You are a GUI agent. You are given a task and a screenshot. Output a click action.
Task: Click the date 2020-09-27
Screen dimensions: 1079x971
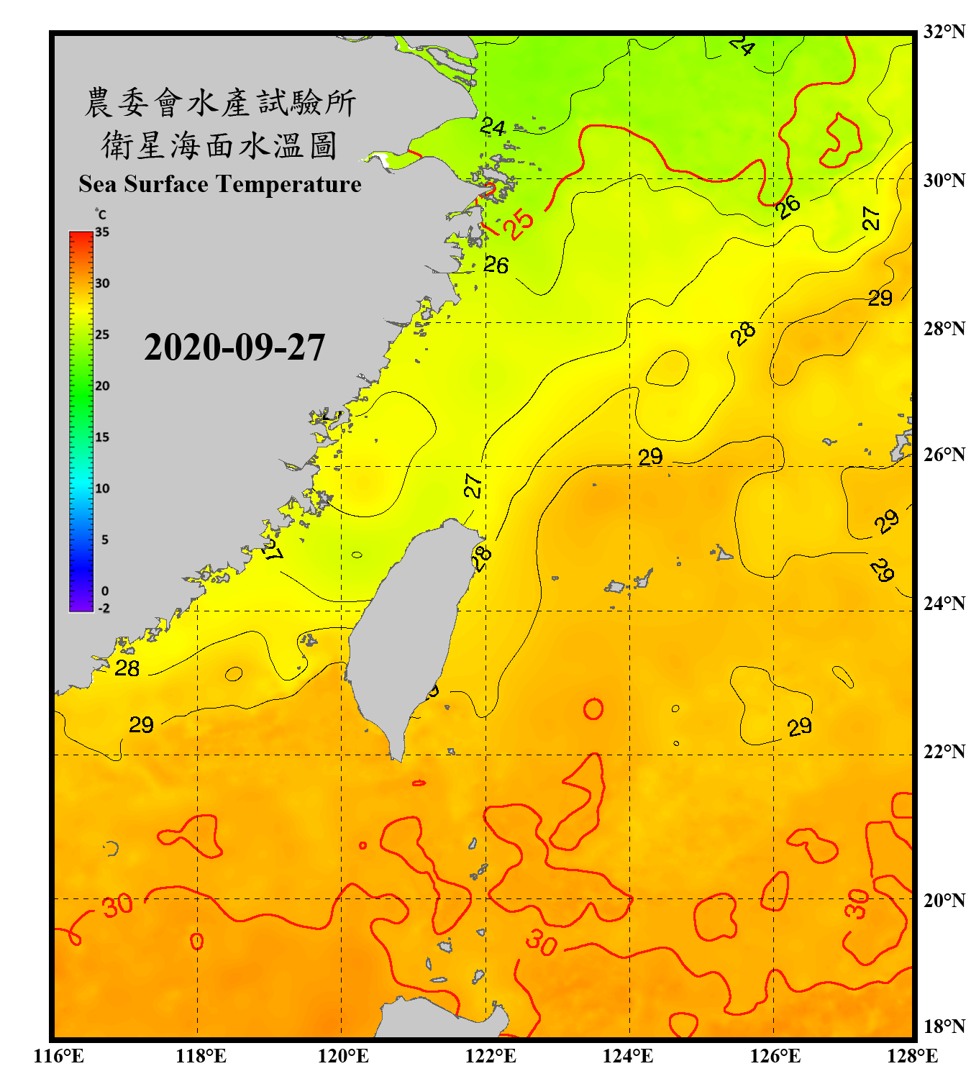(x=234, y=347)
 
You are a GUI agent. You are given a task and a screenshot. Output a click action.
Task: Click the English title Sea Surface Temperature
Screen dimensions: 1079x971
(x=220, y=184)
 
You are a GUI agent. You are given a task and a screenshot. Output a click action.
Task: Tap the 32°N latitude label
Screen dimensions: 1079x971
(x=944, y=32)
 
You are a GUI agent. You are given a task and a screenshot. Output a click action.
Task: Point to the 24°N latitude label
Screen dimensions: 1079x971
(x=944, y=603)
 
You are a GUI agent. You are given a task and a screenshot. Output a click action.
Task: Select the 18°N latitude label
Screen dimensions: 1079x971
(x=944, y=1026)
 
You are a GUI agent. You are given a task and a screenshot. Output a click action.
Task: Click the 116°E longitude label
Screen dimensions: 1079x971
(x=59, y=1056)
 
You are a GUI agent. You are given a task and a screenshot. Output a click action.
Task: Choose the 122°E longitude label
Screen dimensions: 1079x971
(x=491, y=1056)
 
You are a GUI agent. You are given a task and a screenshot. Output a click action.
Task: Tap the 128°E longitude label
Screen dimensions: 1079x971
(x=912, y=1056)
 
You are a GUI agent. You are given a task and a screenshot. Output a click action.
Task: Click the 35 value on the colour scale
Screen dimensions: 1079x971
(x=102, y=232)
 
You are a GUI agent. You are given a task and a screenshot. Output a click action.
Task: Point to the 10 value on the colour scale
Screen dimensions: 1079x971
(x=102, y=488)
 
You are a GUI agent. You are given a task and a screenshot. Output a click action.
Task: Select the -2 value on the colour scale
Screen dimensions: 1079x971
(x=104, y=609)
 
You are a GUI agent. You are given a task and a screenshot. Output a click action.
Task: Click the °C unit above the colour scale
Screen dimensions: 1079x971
(x=101, y=214)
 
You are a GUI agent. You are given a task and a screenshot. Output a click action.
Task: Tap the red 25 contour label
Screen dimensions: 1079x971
(x=519, y=224)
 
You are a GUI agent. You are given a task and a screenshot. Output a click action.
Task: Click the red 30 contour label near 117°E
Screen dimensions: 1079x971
(x=117, y=905)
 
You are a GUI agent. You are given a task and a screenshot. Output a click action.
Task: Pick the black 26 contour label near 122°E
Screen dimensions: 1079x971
(x=496, y=265)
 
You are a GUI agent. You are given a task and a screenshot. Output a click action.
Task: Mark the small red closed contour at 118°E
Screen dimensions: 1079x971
(x=196, y=941)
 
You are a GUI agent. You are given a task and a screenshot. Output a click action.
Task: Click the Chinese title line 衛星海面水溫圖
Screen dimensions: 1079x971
(x=219, y=145)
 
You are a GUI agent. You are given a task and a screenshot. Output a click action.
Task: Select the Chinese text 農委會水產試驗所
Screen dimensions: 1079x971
(x=219, y=103)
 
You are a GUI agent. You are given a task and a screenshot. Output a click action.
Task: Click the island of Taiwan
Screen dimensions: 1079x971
(x=406, y=633)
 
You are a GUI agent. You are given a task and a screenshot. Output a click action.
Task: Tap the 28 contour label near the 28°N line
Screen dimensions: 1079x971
(x=743, y=332)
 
